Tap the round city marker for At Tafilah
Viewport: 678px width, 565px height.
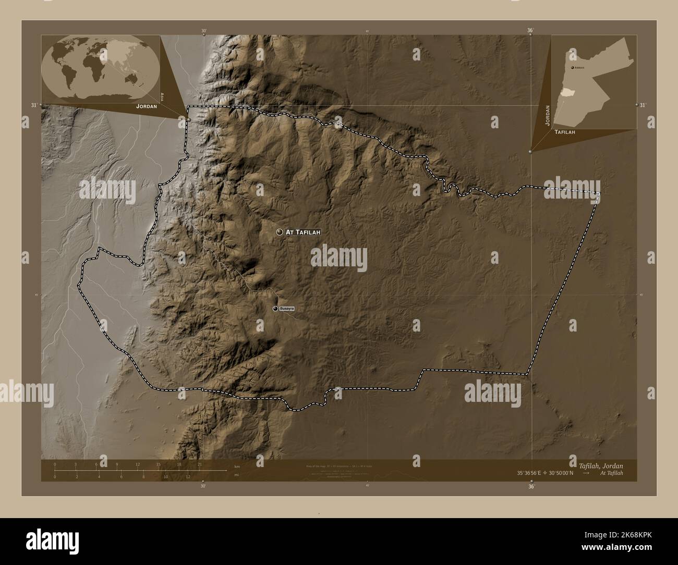coord(280,232)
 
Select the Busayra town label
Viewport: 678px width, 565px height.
coord(287,309)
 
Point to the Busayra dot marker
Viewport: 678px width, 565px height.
coord(275,309)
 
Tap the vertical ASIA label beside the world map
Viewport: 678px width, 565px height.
coord(163,96)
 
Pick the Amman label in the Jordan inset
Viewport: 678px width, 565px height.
coord(579,68)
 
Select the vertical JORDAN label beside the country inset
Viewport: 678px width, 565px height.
coord(547,115)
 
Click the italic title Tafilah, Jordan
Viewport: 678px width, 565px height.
coord(600,465)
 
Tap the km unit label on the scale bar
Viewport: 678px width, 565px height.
coord(237,466)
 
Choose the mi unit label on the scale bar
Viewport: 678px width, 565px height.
coord(237,475)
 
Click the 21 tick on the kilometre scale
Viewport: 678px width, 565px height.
coord(199,464)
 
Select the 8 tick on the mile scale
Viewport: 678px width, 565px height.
coord(143,476)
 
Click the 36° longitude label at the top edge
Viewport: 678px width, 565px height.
coord(530,31)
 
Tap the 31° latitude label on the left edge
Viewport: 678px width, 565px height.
coord(34,105)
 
